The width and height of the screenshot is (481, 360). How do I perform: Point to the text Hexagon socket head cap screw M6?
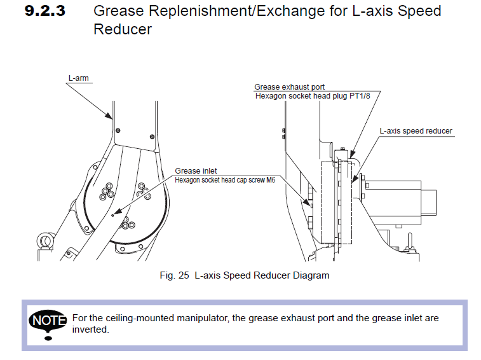226,179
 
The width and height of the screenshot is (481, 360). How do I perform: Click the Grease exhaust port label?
290,87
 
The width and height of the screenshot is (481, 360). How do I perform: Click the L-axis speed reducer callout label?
416,131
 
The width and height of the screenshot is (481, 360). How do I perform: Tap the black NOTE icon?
48,320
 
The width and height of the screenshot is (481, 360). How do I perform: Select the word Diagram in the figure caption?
311,275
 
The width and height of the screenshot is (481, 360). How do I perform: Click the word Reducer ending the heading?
123,29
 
